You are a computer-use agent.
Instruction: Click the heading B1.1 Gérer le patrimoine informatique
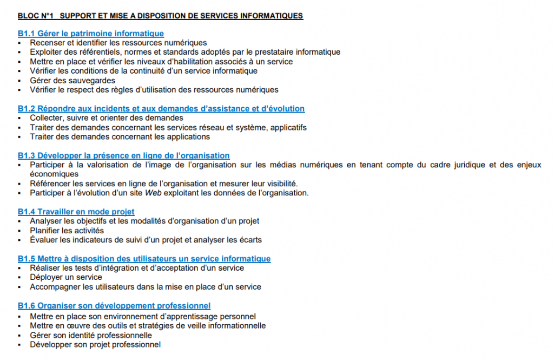90,34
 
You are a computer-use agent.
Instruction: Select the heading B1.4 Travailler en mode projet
76,212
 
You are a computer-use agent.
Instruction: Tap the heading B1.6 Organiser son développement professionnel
114,306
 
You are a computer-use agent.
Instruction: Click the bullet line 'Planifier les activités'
67,231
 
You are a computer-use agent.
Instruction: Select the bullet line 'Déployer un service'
66,277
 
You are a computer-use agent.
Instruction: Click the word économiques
54,174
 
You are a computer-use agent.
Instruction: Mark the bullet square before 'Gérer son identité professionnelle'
19,336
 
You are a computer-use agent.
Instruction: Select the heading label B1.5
27,259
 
